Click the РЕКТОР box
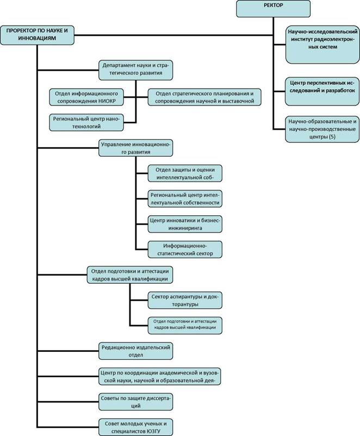273,9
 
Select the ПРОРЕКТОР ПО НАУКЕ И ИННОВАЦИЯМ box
37,35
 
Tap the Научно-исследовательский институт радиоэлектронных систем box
322,45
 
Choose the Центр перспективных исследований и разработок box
322,91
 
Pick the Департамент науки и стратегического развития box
136,70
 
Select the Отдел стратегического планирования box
204,97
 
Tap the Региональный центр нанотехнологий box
86,122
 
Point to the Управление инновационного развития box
136,148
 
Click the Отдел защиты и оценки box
185,173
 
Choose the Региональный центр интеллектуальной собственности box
185,199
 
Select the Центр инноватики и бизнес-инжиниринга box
185,224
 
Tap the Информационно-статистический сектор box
185,250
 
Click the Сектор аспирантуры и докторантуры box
185,300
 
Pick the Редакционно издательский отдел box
136,351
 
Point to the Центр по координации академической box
160,377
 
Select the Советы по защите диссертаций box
136,402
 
